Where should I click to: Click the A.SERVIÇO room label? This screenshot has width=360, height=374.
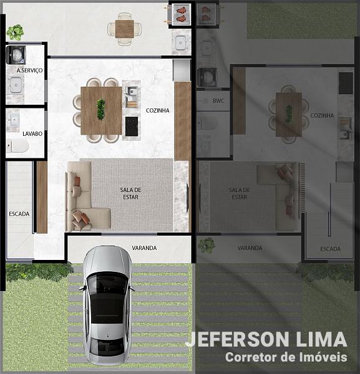point(29,70)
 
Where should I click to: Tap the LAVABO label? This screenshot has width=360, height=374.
point(32,134)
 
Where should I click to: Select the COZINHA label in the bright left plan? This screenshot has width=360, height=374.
point(158,110)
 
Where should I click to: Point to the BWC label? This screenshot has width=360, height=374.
point(218,100)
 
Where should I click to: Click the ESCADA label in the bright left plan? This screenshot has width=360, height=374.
point(19,214)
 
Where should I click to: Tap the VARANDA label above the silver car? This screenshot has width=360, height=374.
point(144,248)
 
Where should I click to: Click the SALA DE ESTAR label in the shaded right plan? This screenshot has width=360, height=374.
point(240,193)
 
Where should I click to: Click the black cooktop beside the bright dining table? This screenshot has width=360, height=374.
point(132,126)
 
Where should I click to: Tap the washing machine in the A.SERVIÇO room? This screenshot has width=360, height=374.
point(16,55)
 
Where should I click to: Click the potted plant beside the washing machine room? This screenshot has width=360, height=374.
point(15,32)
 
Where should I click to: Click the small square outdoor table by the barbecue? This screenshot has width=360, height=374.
point(124,29)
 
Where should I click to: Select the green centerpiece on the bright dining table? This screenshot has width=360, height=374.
point(101,110)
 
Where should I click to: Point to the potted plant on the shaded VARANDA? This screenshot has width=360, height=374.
point(207,245)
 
